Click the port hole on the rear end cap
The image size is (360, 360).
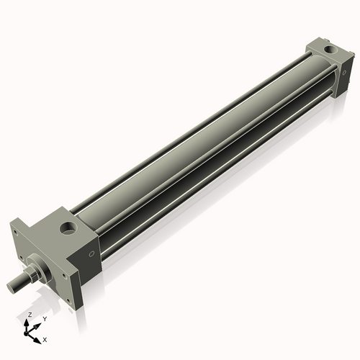[330, 50]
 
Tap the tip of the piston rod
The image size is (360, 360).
[14, 287]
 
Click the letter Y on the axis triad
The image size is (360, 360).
[44, 318]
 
